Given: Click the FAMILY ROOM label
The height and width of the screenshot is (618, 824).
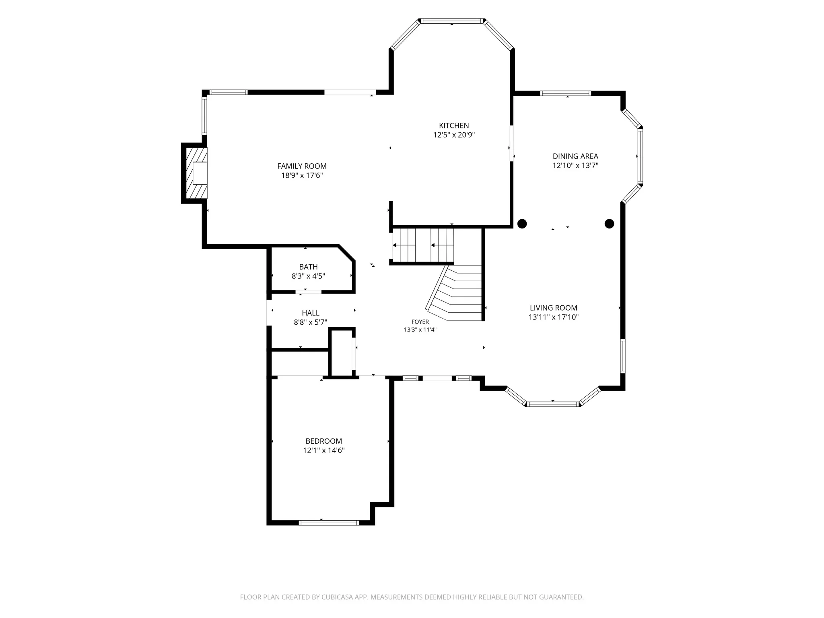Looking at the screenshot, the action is click(302, 166).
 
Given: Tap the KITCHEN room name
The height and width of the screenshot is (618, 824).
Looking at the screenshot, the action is click(454, 126).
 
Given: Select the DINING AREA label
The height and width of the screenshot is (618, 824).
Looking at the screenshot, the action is click(575, 156).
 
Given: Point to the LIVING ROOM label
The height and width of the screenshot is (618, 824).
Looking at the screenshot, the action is click(554, 308).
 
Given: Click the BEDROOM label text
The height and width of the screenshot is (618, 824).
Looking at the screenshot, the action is click(324, 441).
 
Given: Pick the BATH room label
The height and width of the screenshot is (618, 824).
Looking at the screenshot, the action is click(309, 267).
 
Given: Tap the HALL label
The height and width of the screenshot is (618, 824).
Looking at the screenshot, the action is click(311, 313).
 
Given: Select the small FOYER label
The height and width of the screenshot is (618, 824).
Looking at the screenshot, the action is click(420, 322).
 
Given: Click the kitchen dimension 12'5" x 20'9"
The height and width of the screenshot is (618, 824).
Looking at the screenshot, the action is click(454, 135).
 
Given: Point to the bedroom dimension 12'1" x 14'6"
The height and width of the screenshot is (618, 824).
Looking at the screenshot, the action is click(324, 451).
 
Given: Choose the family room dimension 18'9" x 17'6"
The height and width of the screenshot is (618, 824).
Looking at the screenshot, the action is click(302, 175).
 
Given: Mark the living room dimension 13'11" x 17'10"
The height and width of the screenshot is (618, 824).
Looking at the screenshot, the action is click(554, 317).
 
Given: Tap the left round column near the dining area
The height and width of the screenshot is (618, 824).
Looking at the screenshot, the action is click(522, 223).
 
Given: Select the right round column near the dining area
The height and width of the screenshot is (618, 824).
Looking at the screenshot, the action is click(609, 223).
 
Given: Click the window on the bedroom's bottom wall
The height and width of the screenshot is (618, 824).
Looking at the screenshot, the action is click(329, 523).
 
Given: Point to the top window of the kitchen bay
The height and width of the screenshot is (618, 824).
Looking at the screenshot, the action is click(452, 21).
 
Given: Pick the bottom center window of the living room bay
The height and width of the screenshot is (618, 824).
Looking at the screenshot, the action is click(553, 404).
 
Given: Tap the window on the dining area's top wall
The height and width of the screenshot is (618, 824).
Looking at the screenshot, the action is click(566, 93).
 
